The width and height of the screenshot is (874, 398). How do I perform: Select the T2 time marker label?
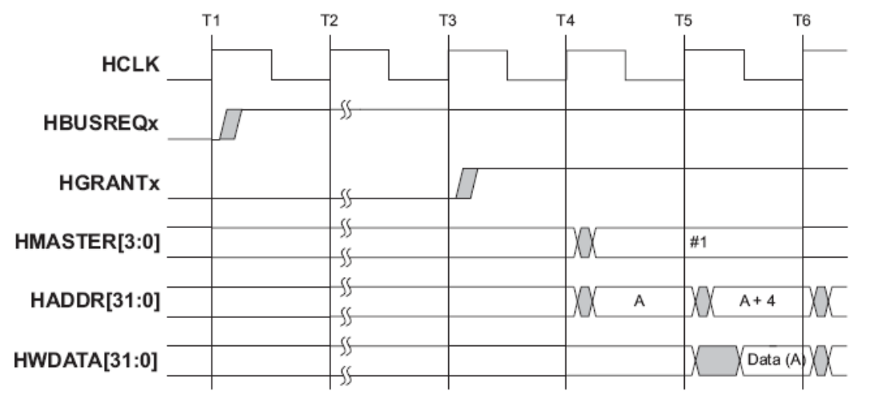point(330,20)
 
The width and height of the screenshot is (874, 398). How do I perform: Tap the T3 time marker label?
point(448,20)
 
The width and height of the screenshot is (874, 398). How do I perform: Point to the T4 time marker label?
point(566,20)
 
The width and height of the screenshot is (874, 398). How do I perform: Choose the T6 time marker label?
point(802,20)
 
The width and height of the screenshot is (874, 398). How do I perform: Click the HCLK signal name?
point(130,66)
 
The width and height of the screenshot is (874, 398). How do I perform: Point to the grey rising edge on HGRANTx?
point(467,183)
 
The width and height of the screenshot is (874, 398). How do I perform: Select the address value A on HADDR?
point(640,301)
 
